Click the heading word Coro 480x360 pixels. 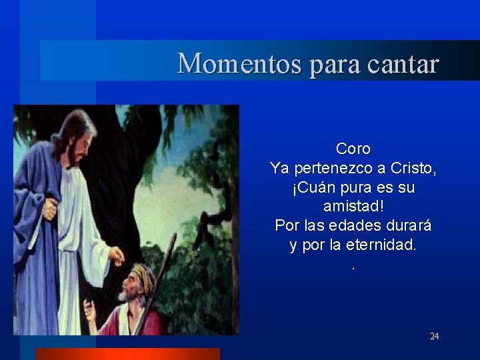(353, 149)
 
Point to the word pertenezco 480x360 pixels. (334, 169)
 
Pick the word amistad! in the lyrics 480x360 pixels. (353, 207)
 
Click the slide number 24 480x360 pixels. (434, 336)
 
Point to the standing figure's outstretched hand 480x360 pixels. (117, 256)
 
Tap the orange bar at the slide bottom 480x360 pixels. (127, 354)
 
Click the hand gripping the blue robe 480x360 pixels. (50, 209)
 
